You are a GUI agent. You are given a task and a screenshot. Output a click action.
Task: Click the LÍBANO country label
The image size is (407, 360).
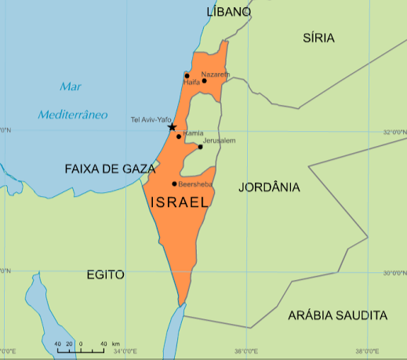(x=228, y=12)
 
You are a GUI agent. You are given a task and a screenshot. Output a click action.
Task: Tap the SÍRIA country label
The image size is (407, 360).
(x=318, y=38)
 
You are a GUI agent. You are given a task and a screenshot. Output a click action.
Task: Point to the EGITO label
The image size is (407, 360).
(x=106, y=275)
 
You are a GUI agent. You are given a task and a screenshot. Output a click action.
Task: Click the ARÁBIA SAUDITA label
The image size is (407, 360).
(x=337, y=315)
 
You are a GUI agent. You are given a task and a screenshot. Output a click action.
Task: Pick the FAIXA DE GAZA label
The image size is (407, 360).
(x=111, y=169)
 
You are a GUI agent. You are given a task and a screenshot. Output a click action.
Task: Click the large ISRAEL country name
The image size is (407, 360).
(x=179, y=202)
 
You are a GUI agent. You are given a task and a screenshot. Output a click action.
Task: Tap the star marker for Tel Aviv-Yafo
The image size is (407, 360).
(x=172, y=127)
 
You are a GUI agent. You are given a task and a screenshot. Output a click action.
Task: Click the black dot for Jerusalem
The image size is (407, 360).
(x=200, y=147)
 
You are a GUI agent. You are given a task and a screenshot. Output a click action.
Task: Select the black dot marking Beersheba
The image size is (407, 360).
(x=174, y=184)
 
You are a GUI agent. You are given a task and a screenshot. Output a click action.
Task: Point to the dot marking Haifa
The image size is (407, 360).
(x=187, y=76)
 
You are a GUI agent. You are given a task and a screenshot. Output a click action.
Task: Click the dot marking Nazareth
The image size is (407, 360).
(x=204, y=80)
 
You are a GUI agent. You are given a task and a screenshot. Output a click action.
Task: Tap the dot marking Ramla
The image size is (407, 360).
(x=179, y=136)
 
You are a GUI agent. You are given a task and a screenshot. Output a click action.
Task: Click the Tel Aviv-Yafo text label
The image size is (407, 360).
(x=151, y=120)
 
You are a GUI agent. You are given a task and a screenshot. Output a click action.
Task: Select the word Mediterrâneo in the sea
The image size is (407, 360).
(x=73, y=115)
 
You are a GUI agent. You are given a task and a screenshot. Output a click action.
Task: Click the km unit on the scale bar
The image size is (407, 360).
(x=115, y=344)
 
